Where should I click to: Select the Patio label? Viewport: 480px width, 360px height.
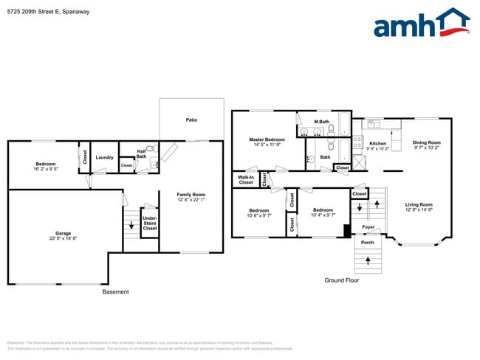point(191,120)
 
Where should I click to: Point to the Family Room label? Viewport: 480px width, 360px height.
point(191,197)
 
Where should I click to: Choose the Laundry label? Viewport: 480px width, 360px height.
point(105,157)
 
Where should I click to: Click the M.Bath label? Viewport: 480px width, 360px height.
point(321,122)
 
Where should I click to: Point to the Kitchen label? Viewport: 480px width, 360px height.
point(378,145)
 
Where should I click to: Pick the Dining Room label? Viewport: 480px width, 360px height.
point(426,145)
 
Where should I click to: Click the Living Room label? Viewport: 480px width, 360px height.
point(419,207)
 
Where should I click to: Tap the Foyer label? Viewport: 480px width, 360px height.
point(368,227)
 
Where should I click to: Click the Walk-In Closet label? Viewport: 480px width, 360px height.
point(245,179)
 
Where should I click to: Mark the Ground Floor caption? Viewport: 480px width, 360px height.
point(342,280)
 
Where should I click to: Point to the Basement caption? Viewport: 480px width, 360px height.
point(115,291)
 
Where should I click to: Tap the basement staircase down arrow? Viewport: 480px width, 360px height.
point(131,226)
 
